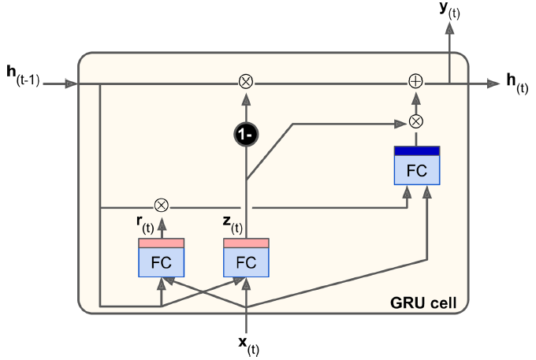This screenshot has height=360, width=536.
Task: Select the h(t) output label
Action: pyautogui.click(x=516, y=83)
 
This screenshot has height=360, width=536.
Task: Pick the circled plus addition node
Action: pyautogui.click(x=415, y=81)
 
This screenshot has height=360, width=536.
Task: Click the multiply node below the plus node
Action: pyautogui.click(x=415, y=121)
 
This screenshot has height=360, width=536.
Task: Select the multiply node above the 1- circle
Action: pyautogui.click(x=246, y=81)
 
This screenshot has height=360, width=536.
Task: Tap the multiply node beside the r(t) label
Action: pyautogui.click(x=162, y=206)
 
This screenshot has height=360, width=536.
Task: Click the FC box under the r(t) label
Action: pyautogui.click(x=161, y=262)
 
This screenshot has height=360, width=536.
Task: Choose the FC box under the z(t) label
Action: pyautogui.click(x=247, y=262)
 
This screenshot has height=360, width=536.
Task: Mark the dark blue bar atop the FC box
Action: pyautogui.click(x=416, y=150)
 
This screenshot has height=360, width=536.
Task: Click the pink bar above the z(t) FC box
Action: pyautogui.click(x=247, y=243)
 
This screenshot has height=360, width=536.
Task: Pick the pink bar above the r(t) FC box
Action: pyautogui.click(x=161, y=243)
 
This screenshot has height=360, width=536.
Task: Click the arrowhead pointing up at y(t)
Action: pyautogui.click(x=450, y=27)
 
